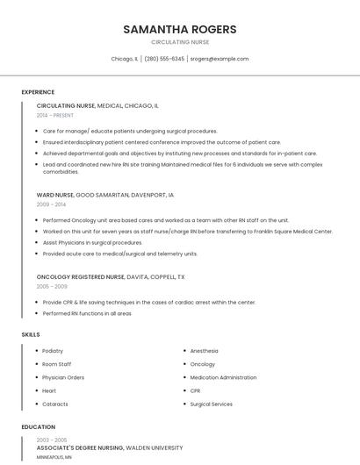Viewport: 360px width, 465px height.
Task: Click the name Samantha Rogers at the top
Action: (180, 29)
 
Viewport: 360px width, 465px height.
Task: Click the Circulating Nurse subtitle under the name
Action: (180, 42)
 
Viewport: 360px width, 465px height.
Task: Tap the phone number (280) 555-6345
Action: (164, 59)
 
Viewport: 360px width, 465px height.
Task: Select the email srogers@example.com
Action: (220, 59)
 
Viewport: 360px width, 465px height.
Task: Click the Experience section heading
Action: (38, 92)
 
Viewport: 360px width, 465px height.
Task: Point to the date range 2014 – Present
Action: (55, 115)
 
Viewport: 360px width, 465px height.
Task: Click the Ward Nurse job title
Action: (55, 195)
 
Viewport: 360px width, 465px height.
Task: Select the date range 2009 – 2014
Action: (50, 204)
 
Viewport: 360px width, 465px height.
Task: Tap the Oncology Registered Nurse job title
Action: (80, 276)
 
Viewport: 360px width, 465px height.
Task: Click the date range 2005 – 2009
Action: (52, 286)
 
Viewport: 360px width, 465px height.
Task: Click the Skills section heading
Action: (30, 334)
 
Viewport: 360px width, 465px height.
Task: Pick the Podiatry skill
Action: (53, 351)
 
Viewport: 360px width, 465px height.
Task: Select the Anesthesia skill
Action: (205, 351)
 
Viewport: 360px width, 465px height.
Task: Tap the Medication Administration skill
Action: (223, 377)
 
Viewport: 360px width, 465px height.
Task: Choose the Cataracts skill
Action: (54, 404)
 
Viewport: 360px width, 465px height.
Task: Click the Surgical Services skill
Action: (211, 404)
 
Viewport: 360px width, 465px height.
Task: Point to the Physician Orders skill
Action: (63, 377)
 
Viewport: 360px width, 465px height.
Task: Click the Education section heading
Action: (38, 427)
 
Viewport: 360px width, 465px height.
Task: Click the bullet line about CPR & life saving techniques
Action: (149, 302)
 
